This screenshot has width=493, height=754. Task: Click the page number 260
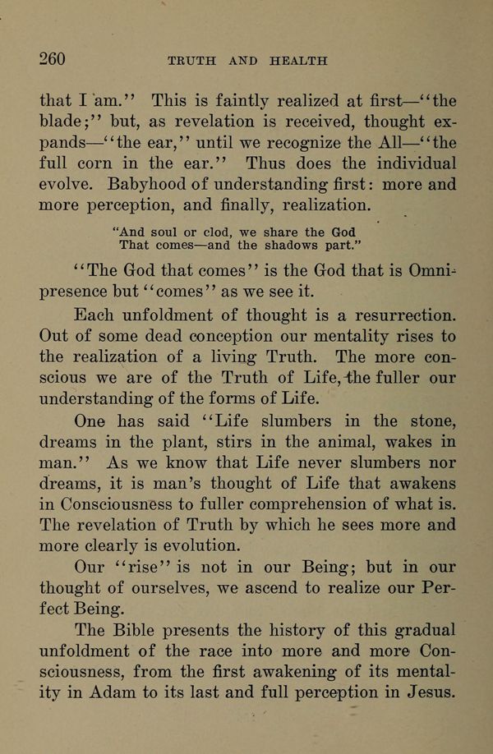[x=52, y=59]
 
